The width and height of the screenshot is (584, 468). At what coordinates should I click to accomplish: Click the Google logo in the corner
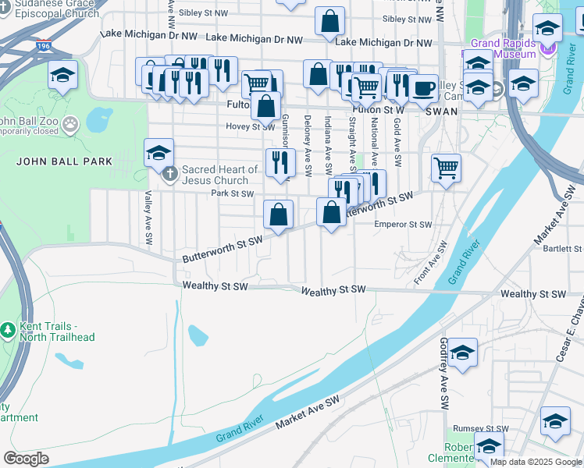(26, 458)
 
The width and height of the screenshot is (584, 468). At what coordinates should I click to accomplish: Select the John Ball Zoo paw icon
(71, 122)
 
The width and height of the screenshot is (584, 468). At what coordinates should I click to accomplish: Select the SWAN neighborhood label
(441, 112)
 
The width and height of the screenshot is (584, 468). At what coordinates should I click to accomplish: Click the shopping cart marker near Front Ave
(446, 165)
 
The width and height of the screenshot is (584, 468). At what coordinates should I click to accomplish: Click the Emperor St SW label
(403, 225)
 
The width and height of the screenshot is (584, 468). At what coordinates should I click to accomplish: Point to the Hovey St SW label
(250, 126)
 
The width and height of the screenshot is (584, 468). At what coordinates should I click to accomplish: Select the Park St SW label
(232, 193)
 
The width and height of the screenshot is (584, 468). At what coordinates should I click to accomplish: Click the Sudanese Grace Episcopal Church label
(50, 9)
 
